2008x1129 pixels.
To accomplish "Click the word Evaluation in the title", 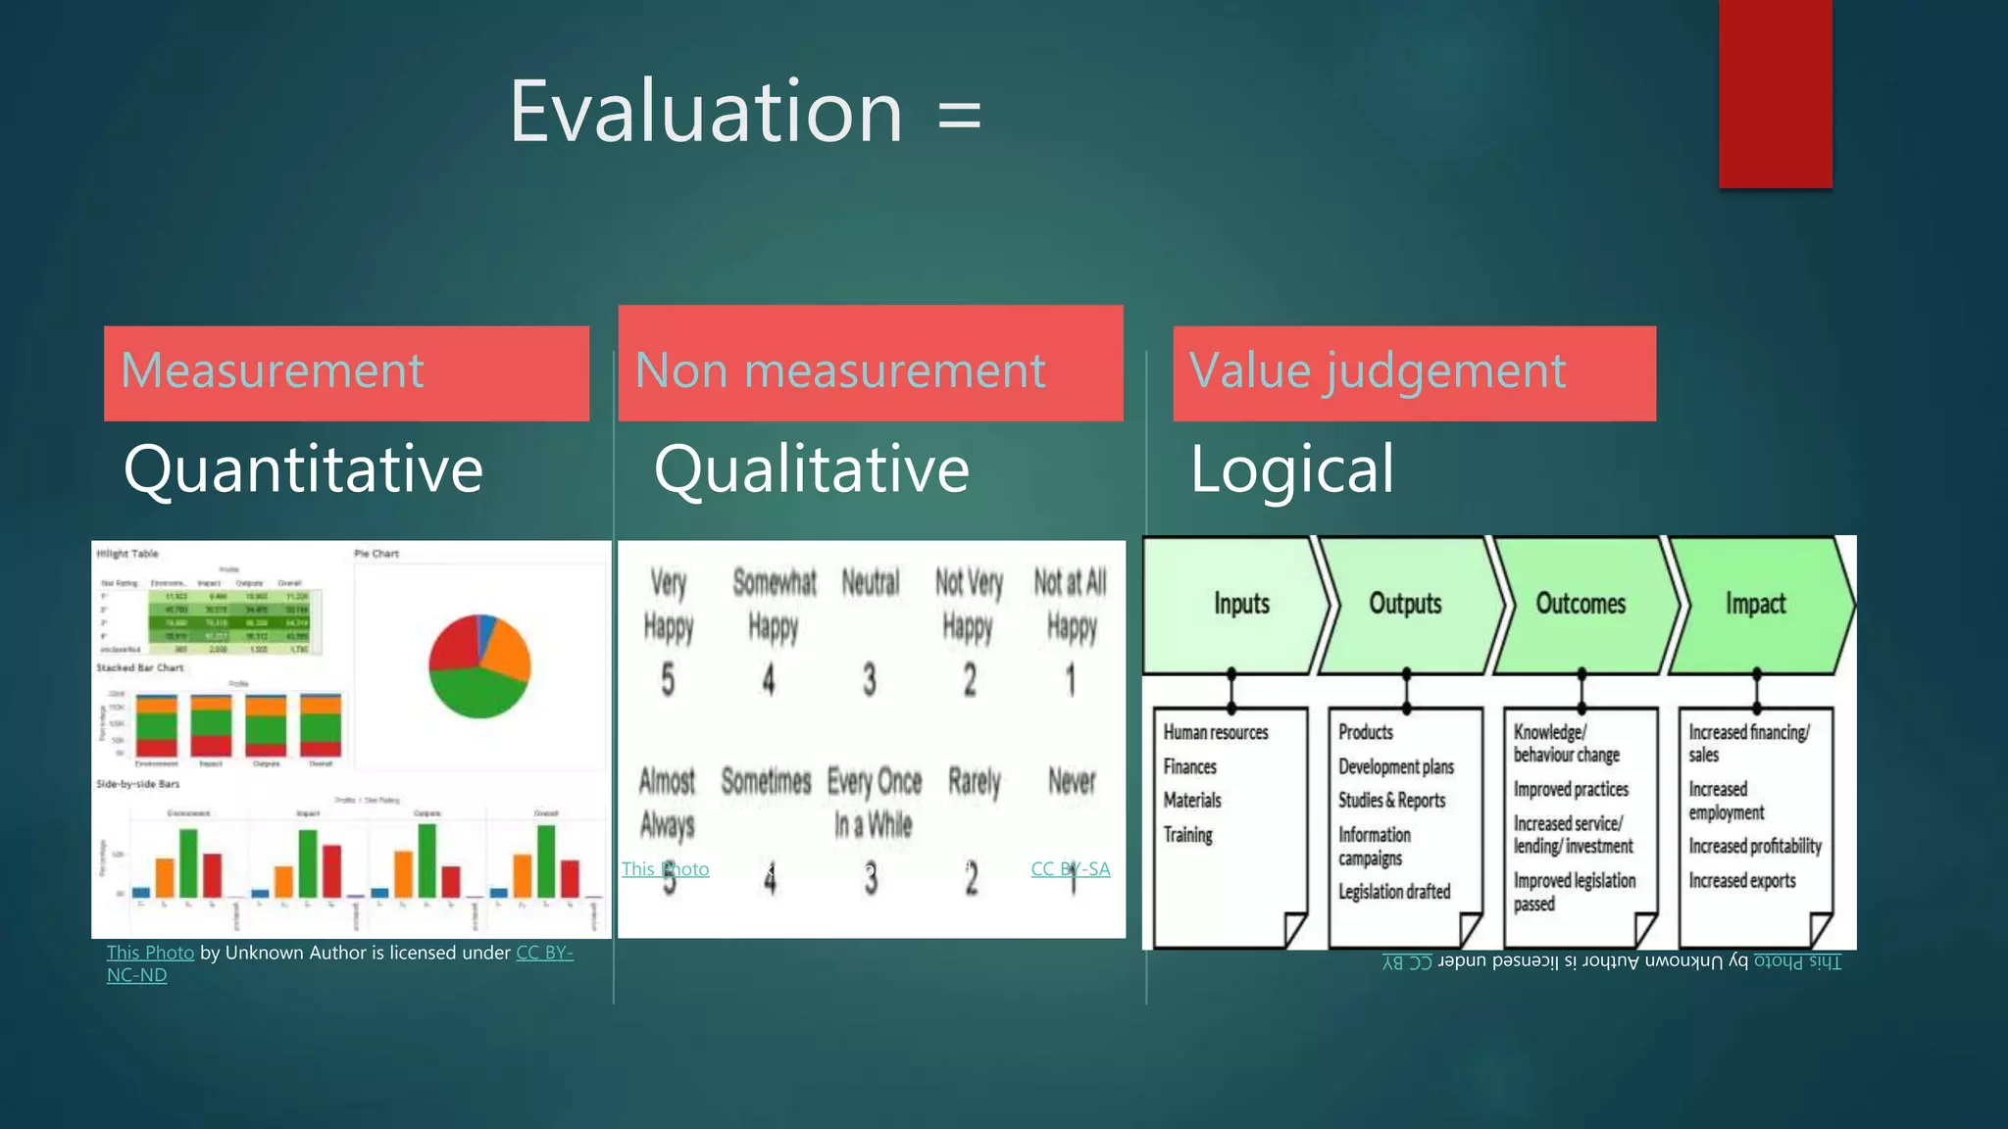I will point(705,113).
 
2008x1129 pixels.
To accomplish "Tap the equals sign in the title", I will point(959,115).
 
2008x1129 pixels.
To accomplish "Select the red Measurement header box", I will point(346,373).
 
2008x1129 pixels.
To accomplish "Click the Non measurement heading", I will point(840,371).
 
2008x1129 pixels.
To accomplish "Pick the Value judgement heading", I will point(1377,371).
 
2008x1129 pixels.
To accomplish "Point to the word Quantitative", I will point(303,469).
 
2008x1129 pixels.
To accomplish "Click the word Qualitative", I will point(811,469).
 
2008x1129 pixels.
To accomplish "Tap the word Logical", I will point(1291,469).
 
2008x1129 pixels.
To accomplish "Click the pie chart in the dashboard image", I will point(479,665).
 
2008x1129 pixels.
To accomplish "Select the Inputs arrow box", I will point(1239,604).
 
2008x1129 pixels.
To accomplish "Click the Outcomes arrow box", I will point(1580,604).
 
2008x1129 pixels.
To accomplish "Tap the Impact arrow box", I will point(1755,604).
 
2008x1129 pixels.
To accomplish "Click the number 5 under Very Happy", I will point(668,679).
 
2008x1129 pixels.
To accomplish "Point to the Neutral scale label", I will point(870,583).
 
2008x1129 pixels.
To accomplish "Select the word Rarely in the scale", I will point(974,782).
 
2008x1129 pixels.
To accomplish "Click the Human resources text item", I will point(1215,732).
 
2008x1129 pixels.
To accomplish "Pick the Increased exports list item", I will point(1741,880).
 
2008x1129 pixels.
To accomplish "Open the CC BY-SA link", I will point(1070,869).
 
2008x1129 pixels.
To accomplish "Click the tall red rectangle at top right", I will point(1775,93).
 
